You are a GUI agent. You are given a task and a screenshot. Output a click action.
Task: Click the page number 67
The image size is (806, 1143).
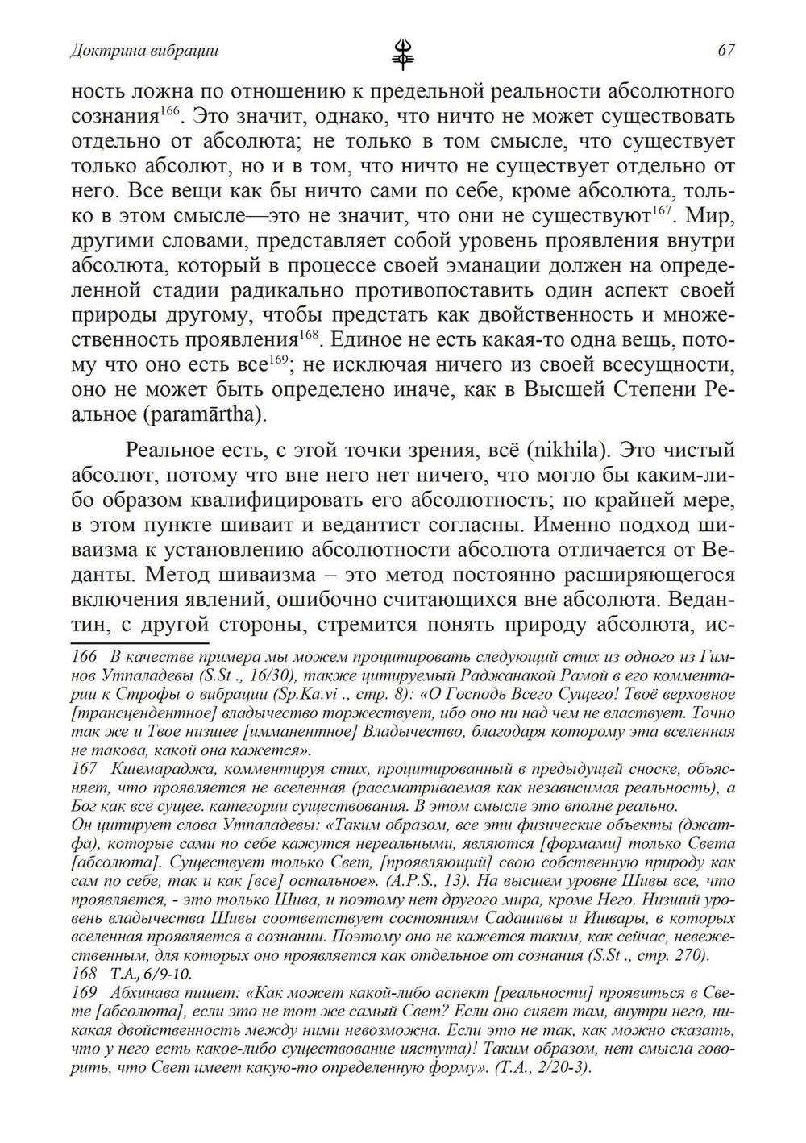(725, 51)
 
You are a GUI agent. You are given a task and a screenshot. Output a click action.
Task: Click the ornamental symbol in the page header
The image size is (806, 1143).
(402, 53)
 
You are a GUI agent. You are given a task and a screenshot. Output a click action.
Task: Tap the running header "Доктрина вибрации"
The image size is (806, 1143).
(145, 51)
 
